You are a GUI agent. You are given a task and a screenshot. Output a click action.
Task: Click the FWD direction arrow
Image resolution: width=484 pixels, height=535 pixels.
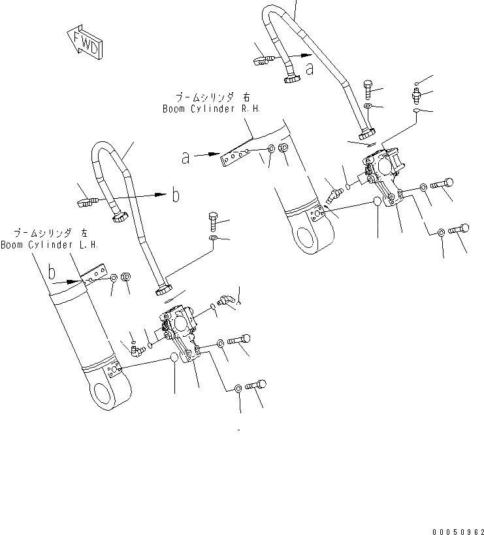click(x=84, y=43)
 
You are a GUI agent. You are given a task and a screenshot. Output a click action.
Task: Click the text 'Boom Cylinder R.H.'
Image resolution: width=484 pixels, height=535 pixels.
click(x=202, y=109)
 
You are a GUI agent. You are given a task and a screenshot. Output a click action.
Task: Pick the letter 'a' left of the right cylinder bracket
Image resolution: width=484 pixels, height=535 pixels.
click(x=186, y=157)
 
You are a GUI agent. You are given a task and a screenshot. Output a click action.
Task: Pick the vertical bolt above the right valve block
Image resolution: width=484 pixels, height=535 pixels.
click(x=368, y=86)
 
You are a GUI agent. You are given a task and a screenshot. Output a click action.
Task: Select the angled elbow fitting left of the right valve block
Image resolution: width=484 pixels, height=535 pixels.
click(x=335, y=196)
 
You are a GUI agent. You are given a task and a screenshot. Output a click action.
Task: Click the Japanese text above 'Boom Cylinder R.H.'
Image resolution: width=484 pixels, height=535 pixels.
click(x=202, y=97)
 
